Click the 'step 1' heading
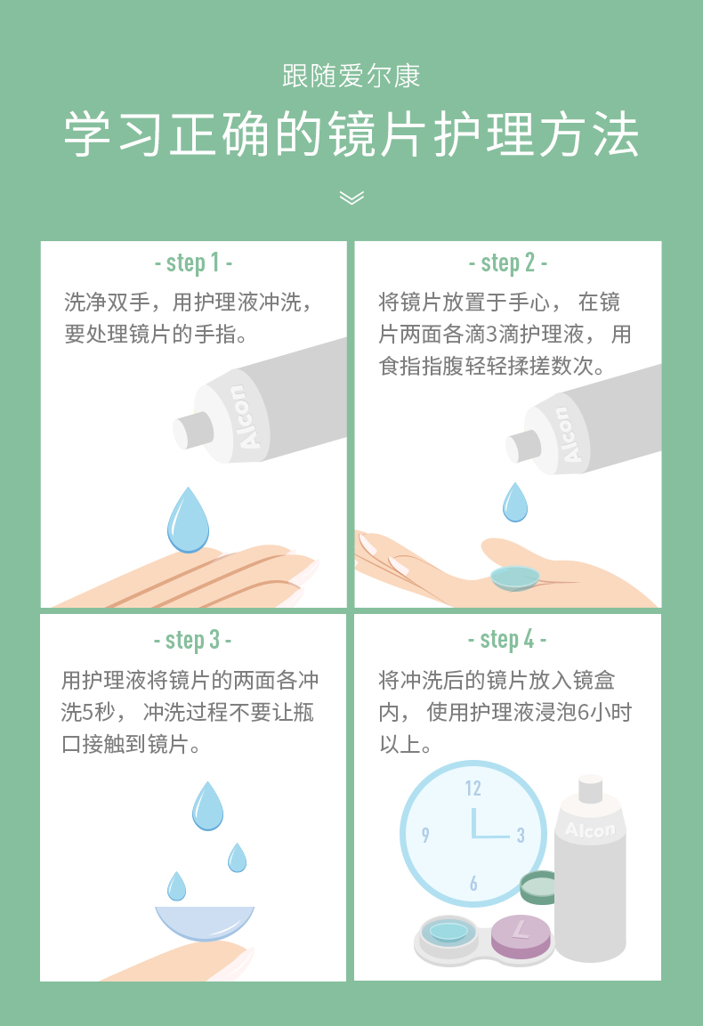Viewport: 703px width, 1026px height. click(x=193, y=263)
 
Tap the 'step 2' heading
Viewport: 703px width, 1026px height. click(x=508, y=263)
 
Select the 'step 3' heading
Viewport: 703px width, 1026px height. click(x=192, y=640)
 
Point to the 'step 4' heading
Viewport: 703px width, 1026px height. click(x=507, y=639)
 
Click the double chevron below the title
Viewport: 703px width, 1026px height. click(x=351, y=198)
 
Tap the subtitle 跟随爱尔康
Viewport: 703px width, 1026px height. click(x=351, y=76)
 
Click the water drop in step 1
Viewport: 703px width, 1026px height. click(x=188, y=520)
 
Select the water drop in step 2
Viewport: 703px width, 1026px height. click(x=515, y=502)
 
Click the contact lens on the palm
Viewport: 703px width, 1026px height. click(x=515, y=578)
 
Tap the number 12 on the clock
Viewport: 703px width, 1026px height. click(x=473, y=788)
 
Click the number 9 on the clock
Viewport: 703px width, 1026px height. click(x=425, y=835)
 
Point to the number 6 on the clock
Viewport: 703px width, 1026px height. click(x=473, y=884)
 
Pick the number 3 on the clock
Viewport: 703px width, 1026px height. click(x=521, y=835)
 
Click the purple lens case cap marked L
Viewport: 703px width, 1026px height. click(x=521, y=936)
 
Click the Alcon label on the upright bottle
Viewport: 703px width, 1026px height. click(x=590, y=829)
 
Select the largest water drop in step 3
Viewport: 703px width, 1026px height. click(x=207, y=805)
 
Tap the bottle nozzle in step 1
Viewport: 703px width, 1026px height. click(x=192, y=431)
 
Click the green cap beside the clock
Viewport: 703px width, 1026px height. click(x=538, y=888)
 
